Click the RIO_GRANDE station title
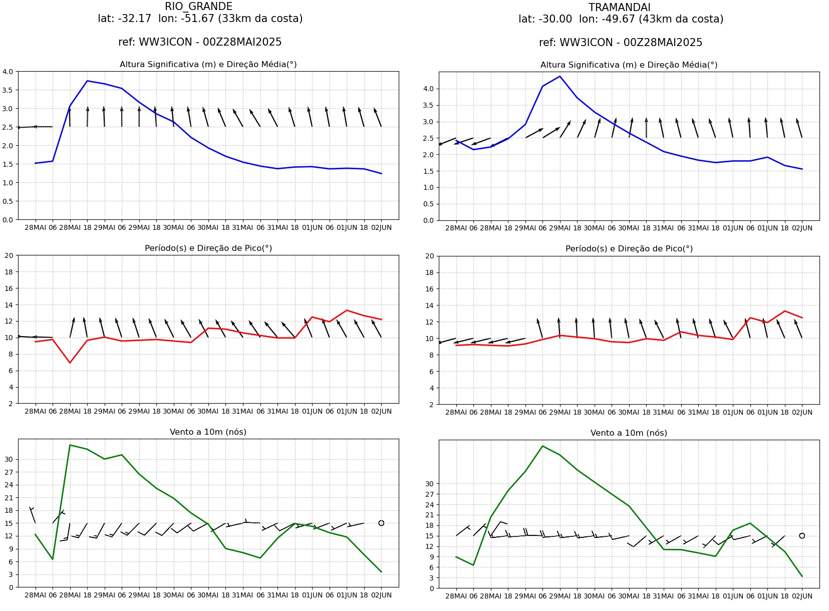[199, 7]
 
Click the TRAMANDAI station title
[620, 8]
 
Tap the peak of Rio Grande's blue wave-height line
[87, 81]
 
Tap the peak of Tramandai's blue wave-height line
[560, 76]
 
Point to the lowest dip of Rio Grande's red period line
[70, 363]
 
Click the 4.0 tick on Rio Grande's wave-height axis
[8, 72]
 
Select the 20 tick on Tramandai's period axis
[429, 256]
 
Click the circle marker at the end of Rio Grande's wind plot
[381, 523]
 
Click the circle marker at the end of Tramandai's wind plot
[802, 535]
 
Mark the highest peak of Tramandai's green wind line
[542, 446]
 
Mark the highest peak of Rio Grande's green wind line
[70, 445]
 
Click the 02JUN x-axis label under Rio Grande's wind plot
[381, 595]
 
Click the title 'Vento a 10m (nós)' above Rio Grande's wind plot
[208, 432]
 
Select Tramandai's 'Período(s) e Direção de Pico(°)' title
[629, 249]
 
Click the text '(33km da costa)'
[260, 19]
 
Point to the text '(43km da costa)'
[681, 19]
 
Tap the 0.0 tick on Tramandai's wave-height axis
[428, 220]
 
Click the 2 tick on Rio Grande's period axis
[11, 404]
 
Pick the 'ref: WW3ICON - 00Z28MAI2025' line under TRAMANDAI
[621, 43]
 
